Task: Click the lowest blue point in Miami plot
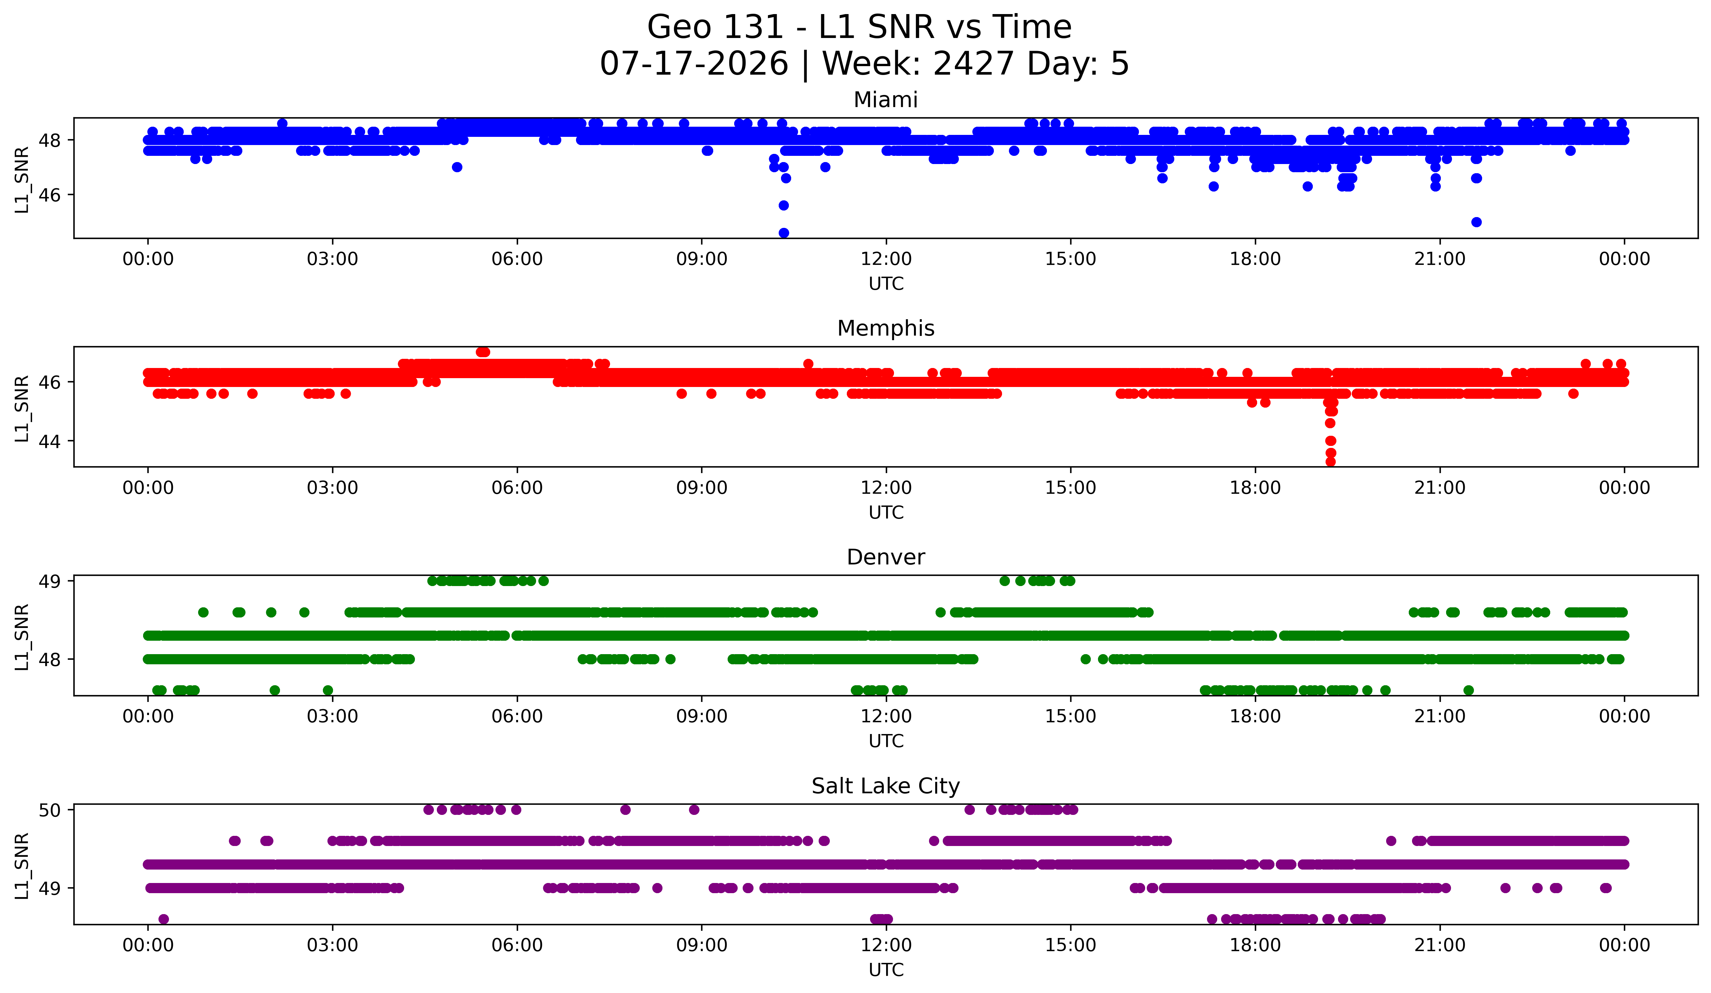point(784,233)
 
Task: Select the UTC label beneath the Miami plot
point(886,284)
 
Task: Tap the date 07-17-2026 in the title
point(694,64)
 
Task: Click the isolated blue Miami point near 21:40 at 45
point(1476,222)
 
